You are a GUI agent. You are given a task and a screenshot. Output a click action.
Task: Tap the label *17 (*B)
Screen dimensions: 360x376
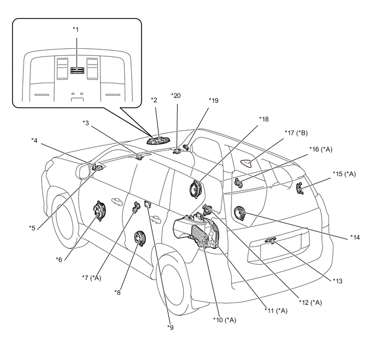coord(297,133)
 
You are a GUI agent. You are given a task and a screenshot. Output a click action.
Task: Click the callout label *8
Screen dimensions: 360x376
coord(117,292)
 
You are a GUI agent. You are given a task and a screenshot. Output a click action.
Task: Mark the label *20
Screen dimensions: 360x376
coord(175,95)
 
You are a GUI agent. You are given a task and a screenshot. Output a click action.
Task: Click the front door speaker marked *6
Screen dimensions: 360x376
coord(99,212)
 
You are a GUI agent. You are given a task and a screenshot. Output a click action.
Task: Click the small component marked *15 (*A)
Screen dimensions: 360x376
coord(299,189)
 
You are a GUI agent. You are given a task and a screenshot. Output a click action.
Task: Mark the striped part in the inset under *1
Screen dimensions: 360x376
coord(77,70)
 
